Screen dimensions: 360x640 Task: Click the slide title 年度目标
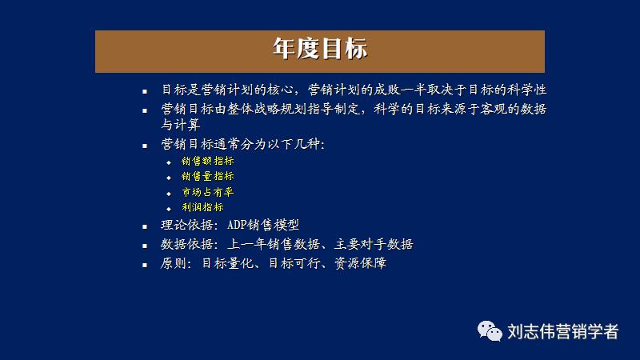tap(319, 50)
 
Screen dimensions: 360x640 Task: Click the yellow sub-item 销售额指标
tap(207, 161)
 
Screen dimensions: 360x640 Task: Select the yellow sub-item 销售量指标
tap(207, 176)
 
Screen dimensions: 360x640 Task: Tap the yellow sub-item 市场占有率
tap(207, 192)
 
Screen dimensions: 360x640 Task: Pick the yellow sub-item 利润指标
tap(202, 207)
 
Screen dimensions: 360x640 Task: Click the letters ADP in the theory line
tap(239, 226)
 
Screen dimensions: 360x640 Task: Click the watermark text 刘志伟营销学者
tap(563, 331)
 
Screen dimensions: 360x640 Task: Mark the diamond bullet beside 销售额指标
tap(169, 162)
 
